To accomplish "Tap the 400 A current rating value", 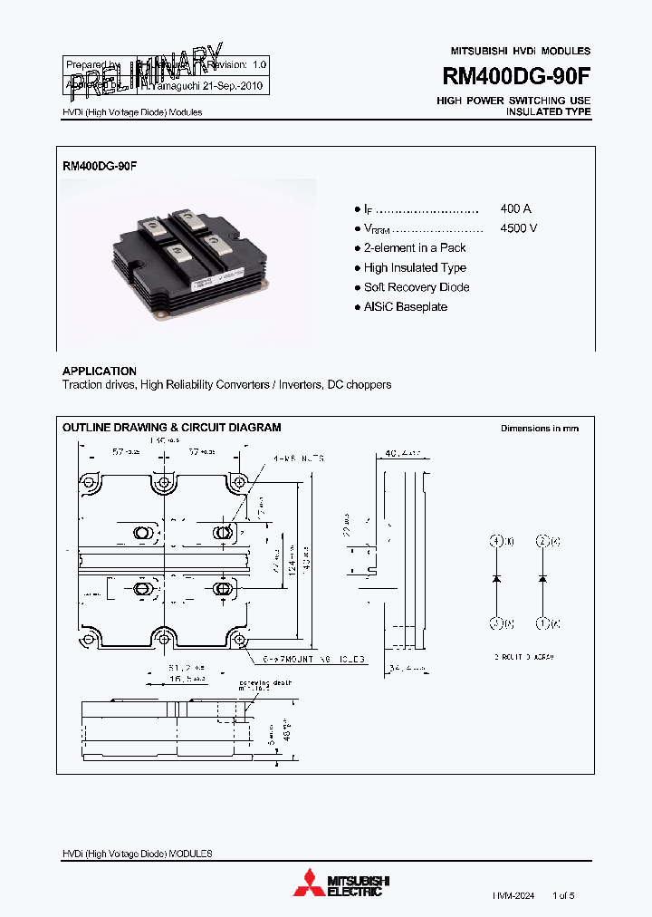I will click(x=515, y=208).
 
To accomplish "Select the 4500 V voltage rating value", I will click(x=518, y=228).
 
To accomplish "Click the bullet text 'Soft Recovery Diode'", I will click(x=417, y=287).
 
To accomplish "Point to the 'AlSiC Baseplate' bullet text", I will click(x=406, y=307).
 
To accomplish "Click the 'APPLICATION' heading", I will click(x=100, y=372).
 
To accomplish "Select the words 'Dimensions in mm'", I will click(x=540, y=429).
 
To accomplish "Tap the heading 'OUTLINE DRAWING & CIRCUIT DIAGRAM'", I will click(x=171, y=428).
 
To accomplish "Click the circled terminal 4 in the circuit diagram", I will click(x=496, y=542).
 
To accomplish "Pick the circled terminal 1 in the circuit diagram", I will click(x=542, y=623).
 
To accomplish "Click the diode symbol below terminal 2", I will click(x=542, y=578).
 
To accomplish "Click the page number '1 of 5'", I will click(x=562, y=895).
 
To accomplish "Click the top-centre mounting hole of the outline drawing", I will click(x=164, y=482).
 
